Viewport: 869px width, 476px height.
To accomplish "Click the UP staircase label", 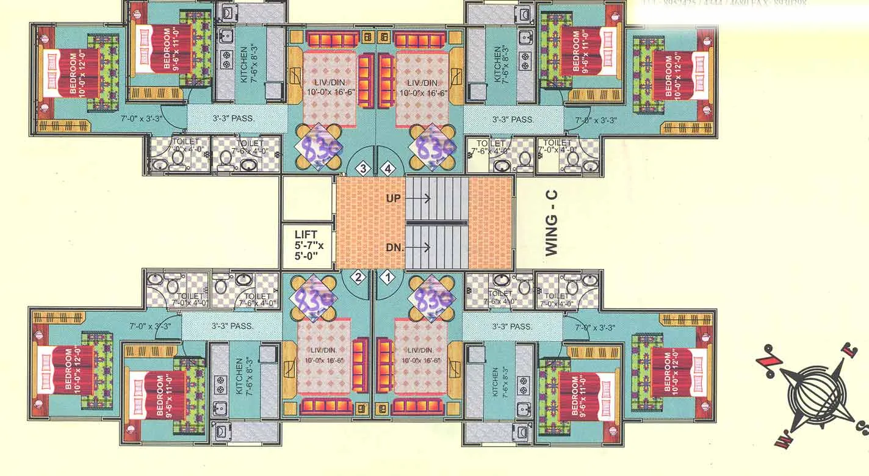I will click(x=394, y=198).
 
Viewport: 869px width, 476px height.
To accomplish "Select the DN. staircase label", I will click(x=394, y=247).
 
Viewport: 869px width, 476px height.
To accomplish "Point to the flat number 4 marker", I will click(x=386, y=168).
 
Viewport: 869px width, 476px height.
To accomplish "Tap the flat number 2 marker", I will click(x=359, y=276).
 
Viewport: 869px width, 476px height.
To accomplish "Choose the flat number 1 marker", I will click(x=386, y=276).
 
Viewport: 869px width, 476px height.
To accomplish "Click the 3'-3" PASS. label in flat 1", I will click(x=512, y=326).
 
